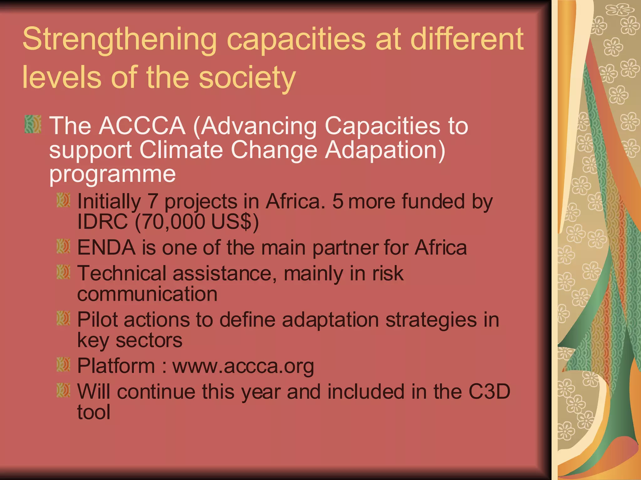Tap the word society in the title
(247, 78)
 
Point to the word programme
(112, 174)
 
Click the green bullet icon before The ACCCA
(33, 124)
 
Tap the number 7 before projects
(152, 201)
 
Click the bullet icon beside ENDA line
(63, 247)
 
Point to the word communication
(147, 294)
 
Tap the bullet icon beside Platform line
(63, 365)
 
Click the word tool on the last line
(94, 412)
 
